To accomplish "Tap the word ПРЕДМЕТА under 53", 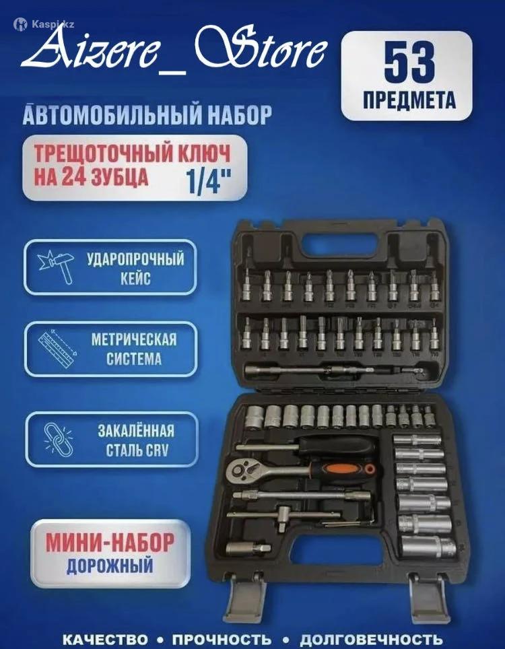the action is click(x=409, y=100).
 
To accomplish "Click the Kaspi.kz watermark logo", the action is click(x=44, y=24).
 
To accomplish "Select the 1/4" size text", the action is click(x=209, y=182).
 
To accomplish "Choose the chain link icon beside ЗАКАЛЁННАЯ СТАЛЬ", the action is click(x=58, y=440).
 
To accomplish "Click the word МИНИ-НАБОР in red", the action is click(x=110, y=543).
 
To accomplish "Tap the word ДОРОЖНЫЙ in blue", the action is click(x=110, y=566).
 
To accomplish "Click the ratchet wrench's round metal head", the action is click(x=242, y=469).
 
